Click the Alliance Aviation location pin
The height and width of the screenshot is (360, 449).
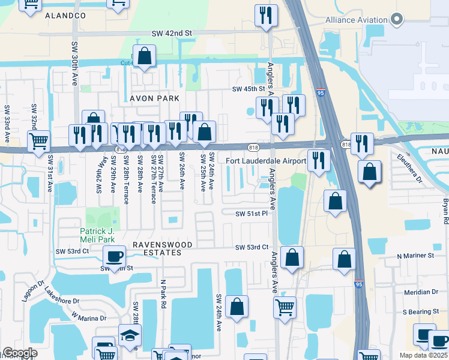tap(396, 20)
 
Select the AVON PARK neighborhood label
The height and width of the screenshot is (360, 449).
tap(154, 98)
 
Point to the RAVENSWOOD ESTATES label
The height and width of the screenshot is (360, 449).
tap(163, 249)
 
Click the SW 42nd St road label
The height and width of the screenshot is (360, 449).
tap(171, 34)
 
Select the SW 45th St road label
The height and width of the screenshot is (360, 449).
tap(249, 89)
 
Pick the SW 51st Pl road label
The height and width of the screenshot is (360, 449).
tap(252, 214)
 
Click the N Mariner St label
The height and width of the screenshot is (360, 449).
tap(415, 256)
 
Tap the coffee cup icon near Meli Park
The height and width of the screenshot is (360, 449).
tap(113, 257)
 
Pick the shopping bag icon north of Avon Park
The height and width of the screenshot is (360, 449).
tap(145, 56)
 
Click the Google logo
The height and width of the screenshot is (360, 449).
tap(20, 353)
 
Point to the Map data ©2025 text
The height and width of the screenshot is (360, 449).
tap(423, 355)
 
